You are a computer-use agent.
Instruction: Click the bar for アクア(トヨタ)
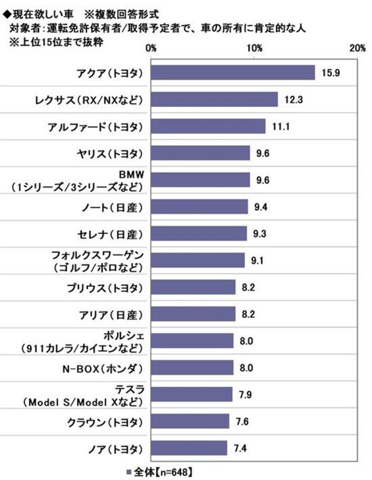(233, 73)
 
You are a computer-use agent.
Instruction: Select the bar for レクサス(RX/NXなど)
(214, 99)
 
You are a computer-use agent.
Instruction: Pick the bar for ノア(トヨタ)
(189, 447)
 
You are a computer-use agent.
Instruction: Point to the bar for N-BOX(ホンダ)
(192, 367)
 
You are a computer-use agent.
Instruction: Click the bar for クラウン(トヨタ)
(190, 421)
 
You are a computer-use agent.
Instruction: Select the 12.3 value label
(293, 100)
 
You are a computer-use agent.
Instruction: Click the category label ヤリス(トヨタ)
(112, 153)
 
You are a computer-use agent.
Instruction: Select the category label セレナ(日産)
(112, 234)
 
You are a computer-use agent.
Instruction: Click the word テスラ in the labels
(127, 389)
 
